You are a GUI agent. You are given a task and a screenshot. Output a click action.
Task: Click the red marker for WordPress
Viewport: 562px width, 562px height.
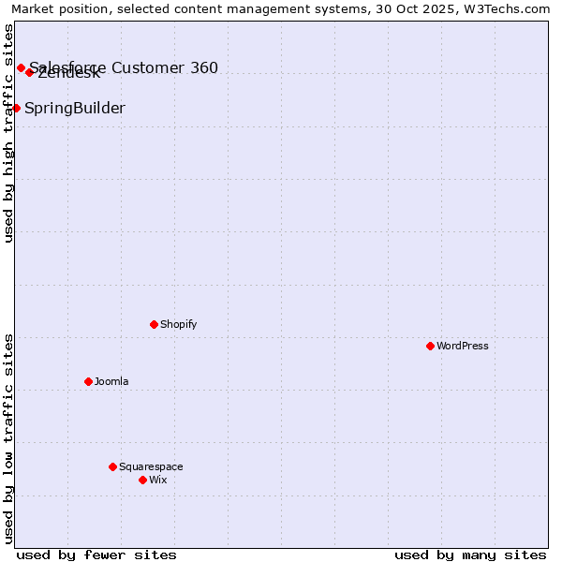[x=430, y=346]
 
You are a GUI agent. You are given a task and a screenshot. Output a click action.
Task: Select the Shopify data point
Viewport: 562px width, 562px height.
[x=154, y=324]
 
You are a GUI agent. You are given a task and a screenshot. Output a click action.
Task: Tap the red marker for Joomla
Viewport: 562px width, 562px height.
[x=88, y=381]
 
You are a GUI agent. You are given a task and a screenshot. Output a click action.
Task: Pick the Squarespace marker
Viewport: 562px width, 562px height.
[x=112, y=466]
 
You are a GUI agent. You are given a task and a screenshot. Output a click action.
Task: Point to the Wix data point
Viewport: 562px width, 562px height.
[x=142, y=480]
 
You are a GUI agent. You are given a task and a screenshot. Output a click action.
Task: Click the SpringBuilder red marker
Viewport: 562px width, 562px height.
[x=16, y=108]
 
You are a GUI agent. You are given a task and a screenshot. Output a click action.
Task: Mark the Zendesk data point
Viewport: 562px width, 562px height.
[x=30, y=72]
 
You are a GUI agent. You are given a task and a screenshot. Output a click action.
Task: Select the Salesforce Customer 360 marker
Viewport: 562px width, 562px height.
[x=21, y=67]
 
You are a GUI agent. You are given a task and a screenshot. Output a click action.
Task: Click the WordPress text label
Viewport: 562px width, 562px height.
[x=462, y=346]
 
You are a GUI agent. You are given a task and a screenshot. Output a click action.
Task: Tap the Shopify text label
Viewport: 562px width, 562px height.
[x=178, y=324]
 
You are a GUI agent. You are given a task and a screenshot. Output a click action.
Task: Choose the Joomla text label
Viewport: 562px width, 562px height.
[x=111, y=381]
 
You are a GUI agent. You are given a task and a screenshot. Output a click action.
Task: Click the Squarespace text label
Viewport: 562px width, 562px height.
[x=151, y=466]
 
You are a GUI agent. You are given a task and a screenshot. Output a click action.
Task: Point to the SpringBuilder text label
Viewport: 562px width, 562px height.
[x=75, y=108]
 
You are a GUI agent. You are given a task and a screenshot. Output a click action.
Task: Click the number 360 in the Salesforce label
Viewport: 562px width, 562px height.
[x=204, y=67]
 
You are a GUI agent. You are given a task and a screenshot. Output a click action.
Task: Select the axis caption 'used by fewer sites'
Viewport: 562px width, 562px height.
[x=96, y=555]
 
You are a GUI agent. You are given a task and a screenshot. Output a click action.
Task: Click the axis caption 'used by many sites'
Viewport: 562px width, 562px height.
[x=470, y=555]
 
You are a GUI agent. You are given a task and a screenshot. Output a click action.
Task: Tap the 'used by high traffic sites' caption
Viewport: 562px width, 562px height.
[x=8, y=133]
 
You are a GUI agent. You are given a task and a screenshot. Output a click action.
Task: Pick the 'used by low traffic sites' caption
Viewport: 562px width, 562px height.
[x=8, y=438]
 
